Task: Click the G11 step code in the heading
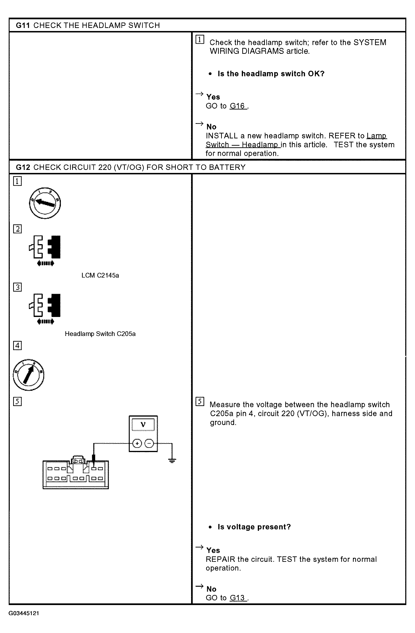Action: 23,25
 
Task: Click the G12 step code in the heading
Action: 23,167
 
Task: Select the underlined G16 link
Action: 238,106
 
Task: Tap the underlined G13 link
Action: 238,598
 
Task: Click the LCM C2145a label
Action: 100,275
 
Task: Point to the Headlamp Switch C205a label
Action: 100,334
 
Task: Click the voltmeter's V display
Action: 143,425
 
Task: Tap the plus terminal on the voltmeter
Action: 137,443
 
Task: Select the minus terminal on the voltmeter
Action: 149,443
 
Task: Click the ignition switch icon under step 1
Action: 45,203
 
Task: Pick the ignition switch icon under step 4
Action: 28,375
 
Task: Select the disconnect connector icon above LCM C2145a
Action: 45,250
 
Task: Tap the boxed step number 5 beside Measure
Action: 200,401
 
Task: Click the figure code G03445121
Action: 24,613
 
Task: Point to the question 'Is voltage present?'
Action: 254,527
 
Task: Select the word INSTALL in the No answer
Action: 222,136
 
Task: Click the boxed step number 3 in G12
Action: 18,287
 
